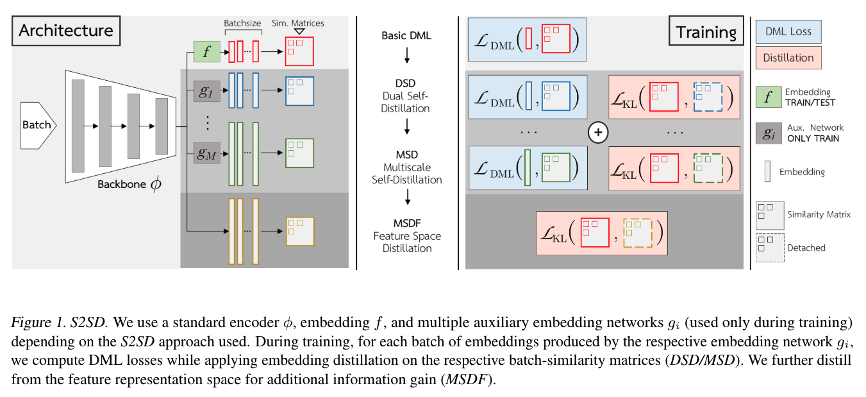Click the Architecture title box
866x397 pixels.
(x=66, y=30)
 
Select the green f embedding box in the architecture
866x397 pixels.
(x=206, y=52)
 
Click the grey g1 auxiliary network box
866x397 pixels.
(x=206, y=91)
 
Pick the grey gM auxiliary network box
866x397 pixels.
(x=206, y=153)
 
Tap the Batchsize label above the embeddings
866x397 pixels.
(x=242, y=23)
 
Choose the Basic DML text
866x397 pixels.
(x=406, y=35)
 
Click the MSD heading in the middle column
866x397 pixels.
(x=406, y=155)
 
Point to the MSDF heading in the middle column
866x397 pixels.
(x=406, y=223)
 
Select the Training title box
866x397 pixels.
(x=706, y=32)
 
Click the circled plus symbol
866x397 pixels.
(x=597, y=132)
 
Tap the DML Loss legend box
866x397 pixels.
(x=788, y=31)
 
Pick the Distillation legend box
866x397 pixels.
(x=788, y=58)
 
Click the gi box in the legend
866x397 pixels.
(x=767, y=132)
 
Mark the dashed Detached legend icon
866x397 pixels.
(x=769, y=248)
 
